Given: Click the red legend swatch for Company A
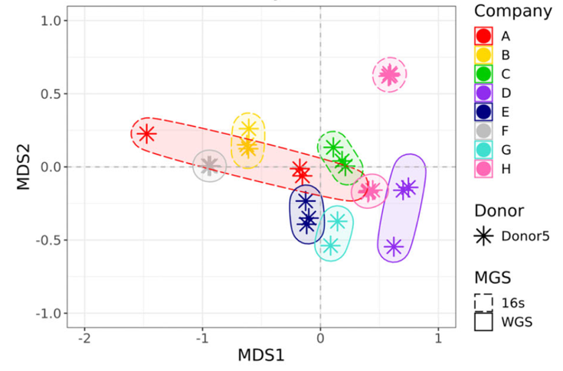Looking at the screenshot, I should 483,36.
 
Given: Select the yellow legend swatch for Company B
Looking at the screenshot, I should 483,55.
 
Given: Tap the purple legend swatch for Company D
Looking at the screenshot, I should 483,93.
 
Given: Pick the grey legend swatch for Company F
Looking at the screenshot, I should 483,131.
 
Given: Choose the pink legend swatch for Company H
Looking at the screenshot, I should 483,168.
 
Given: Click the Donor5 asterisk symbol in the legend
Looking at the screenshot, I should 483,236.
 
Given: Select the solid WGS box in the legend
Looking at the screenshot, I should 483,321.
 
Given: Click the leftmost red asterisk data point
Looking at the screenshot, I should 146,134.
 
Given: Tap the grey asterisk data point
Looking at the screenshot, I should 210,164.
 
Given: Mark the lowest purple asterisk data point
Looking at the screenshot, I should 394,246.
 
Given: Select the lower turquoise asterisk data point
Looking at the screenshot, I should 330,246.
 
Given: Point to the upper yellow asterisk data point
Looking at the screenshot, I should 248,129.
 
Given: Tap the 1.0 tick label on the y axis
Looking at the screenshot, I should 51,21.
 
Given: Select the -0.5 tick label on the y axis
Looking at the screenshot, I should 48,240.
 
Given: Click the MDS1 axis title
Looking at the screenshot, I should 261,356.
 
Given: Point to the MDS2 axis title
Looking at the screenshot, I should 22,168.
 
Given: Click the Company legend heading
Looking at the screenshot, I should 512,11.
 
